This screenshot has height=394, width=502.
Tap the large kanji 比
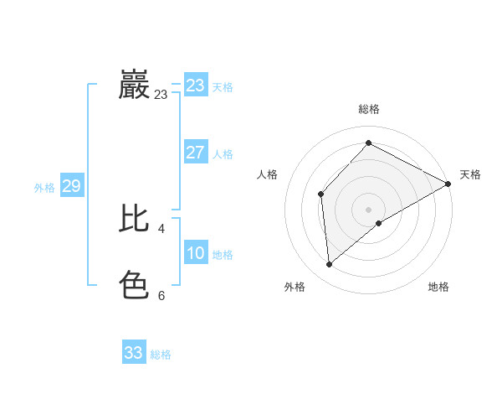pos(135,218)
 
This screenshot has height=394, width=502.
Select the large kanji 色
pos(135,285)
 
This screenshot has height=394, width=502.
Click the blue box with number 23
pos(196,86)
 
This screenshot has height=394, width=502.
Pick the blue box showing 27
pos(196,153)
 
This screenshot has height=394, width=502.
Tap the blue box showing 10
pos(196,253)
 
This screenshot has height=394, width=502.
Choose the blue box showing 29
pos(71,186)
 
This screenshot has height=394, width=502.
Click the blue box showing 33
pos(134,353)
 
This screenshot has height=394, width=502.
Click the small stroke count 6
pos(161,295)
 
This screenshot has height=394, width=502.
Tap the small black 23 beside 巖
pos(161,95)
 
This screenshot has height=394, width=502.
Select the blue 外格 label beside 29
pos(44,188)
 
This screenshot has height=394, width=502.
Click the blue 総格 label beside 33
pos(161,355)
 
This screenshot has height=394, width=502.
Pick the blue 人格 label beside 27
pos(223,154)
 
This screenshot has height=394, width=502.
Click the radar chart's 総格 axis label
pos(368,109)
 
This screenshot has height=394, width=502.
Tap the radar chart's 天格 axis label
pos(470,174)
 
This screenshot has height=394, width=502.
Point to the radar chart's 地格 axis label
pos(438,287)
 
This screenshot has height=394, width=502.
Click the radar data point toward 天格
pos(448,184)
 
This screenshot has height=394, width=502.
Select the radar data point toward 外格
pos(330,265)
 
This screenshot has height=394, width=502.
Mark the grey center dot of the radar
pos(368,209)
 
